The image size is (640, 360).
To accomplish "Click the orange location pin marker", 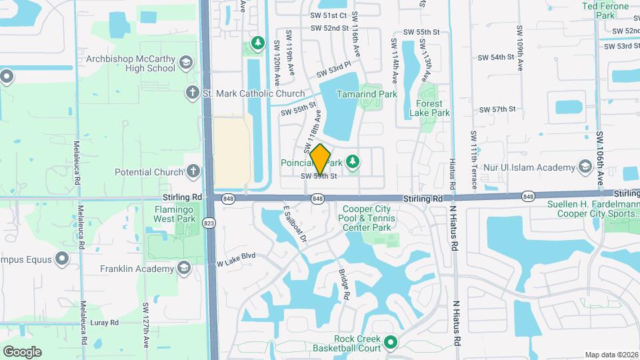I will tap(321, 159).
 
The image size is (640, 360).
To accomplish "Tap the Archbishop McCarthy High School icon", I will tap(186, 63).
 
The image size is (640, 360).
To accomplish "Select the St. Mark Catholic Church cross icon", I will tap(193, 92).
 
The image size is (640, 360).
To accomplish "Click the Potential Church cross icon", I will tap(193, 171).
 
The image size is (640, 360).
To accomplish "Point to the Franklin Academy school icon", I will tap(184, 267).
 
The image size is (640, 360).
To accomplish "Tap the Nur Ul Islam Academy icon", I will tap(586, 165).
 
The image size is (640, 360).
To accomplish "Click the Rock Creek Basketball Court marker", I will tap(391, 343).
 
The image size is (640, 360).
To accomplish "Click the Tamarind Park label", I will tap(367, 95).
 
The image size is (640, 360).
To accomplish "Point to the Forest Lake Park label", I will tap(433, 108).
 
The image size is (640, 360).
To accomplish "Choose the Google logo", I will tap(22, 352).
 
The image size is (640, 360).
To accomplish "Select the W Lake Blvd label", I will tap(237, 255).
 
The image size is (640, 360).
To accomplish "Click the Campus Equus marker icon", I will tap(62, 257).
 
